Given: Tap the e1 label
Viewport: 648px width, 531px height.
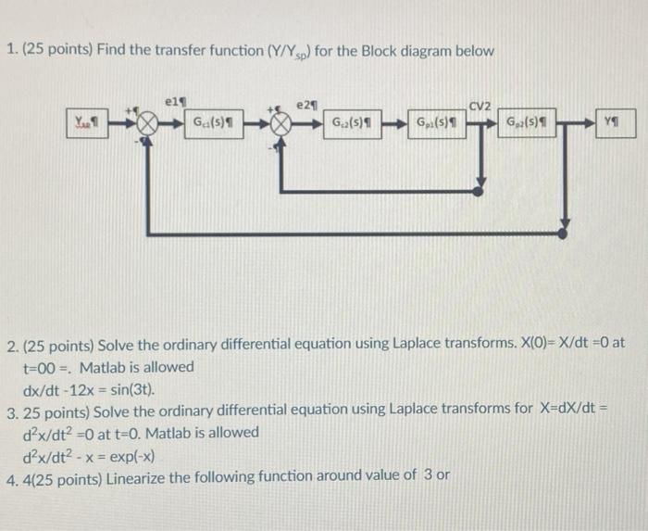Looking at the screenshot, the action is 171,95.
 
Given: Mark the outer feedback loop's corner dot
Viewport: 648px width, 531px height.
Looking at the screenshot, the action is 567,226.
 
